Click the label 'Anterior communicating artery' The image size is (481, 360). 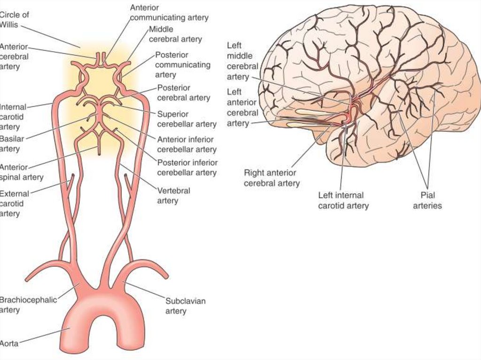(x=169, y=13)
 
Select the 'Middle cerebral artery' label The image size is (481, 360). (x=175, y=34)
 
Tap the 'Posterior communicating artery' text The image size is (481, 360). (x=183, y=65)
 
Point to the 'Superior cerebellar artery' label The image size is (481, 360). (x=186, y=119)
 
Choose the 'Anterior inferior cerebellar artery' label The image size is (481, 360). (x=186, y=144)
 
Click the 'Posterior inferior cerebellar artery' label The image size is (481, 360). (x=187, y=168)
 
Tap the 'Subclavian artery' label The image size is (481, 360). (x=185, y=306)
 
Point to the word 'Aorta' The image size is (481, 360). (x=9, y=343)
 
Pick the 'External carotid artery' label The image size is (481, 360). (x=14, y=203)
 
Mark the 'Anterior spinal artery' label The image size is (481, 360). (x=21, y=172)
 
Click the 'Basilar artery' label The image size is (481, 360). (x=12, y=144)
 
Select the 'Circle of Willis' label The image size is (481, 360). (x=14, y=19)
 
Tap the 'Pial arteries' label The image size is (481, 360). (x=427, y=200)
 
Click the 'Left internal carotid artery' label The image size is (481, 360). (x=343, y=200)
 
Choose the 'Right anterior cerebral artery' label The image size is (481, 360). (x=272, y=178)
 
